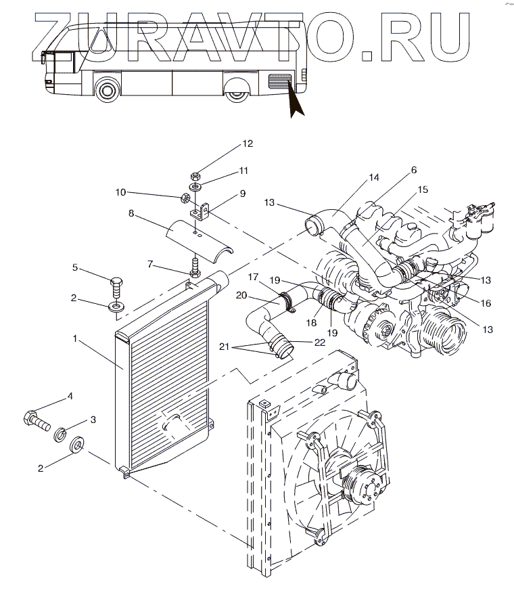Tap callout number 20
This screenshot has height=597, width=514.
[x=241, y=295]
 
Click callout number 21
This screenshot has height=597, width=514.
[x=225, y=347]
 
